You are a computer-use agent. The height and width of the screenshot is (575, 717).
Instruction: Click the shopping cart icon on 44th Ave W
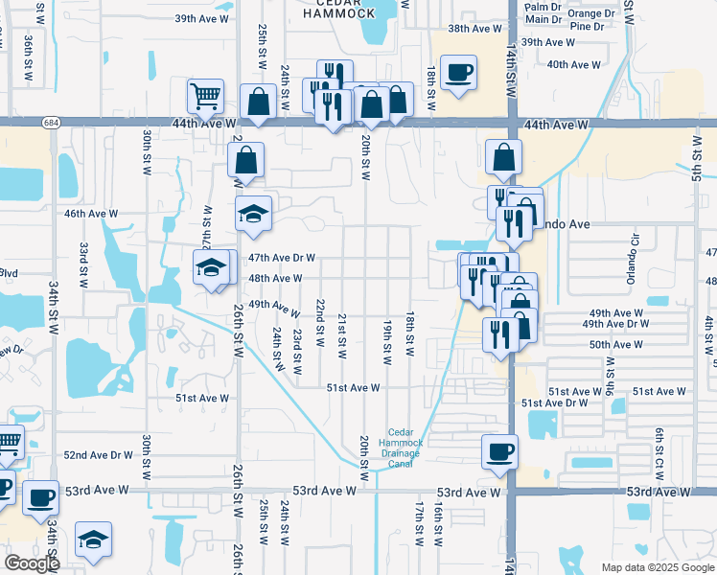point(205,97)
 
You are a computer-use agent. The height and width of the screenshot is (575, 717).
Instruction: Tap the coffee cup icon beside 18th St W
point(458,71)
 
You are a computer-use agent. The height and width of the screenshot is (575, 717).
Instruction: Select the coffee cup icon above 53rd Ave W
point(498,451)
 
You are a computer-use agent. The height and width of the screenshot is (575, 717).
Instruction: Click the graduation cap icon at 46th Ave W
point(254,214)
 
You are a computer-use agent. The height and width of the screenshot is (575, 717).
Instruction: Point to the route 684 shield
point(48,122)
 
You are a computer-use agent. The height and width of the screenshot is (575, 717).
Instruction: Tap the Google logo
point(33,563)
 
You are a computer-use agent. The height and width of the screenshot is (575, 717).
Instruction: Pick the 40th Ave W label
point(573,64)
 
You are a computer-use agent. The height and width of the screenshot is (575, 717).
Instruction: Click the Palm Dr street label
point(544,7)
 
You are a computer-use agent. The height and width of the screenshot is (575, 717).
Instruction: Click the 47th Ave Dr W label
point(282,258)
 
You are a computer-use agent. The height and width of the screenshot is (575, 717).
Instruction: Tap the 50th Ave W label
point(615,344)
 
